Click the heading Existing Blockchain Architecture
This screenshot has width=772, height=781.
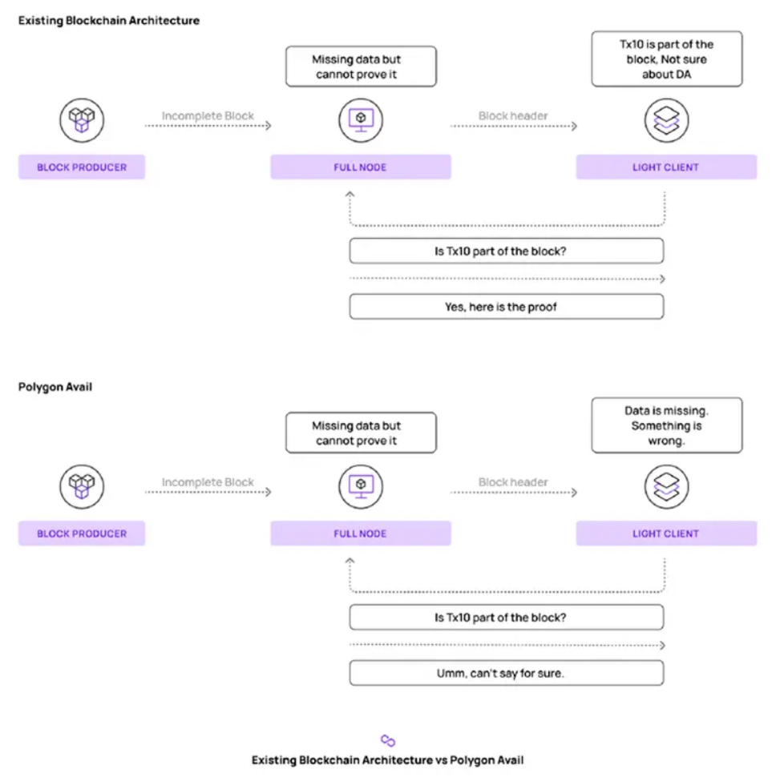(x=109, y=20)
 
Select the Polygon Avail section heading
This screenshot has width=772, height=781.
(x=55, y=387)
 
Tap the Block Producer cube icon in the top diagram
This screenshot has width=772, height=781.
(x=82, y=120)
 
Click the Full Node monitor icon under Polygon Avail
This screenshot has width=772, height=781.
(x=361, y=487)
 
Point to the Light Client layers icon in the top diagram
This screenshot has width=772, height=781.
(x=666, y=120)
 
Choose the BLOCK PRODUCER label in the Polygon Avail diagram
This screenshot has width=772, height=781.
(x=82, y=533)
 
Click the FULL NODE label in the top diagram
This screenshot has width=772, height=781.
(x=360, y=167)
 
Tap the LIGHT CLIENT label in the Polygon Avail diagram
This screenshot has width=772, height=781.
(x=666, y=533)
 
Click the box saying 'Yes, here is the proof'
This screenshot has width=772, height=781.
(x=507, y=306)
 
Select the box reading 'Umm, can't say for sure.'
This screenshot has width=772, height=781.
(x=507, y=673)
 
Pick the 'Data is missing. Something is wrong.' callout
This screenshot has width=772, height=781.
(x=666, y=425)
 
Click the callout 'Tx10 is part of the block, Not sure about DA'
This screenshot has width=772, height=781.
(x=666, y=58)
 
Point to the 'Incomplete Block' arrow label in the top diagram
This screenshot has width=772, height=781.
(x=208, y=115)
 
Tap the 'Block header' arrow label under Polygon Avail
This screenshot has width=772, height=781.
(x=513, y=482)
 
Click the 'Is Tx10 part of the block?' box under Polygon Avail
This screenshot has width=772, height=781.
(x=507, y=617)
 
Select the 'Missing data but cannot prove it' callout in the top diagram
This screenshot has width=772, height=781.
(x=361, y=66)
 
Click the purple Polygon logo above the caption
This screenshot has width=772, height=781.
(x=388, y=741)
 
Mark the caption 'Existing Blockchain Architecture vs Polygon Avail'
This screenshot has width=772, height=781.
(x=387, y=760)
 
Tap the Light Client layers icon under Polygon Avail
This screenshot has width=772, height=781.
(x=666, y=487)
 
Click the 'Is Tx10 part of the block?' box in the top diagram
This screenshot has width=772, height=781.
(x=507, y=251)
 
